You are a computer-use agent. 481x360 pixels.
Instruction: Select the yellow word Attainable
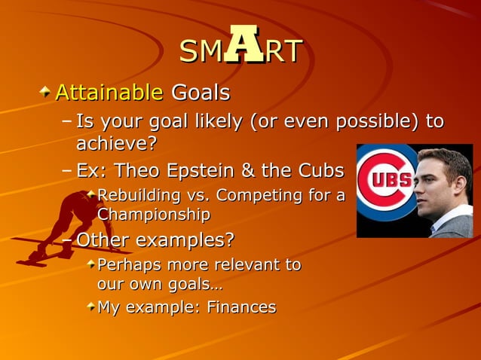click(109, 93)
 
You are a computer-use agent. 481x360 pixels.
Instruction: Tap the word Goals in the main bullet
click(201, 93)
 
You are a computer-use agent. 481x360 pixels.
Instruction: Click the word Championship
click(153, 214)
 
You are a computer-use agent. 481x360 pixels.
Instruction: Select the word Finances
click(240, 307)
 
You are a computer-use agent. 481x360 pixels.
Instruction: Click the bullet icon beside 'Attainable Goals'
click(47, 92)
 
